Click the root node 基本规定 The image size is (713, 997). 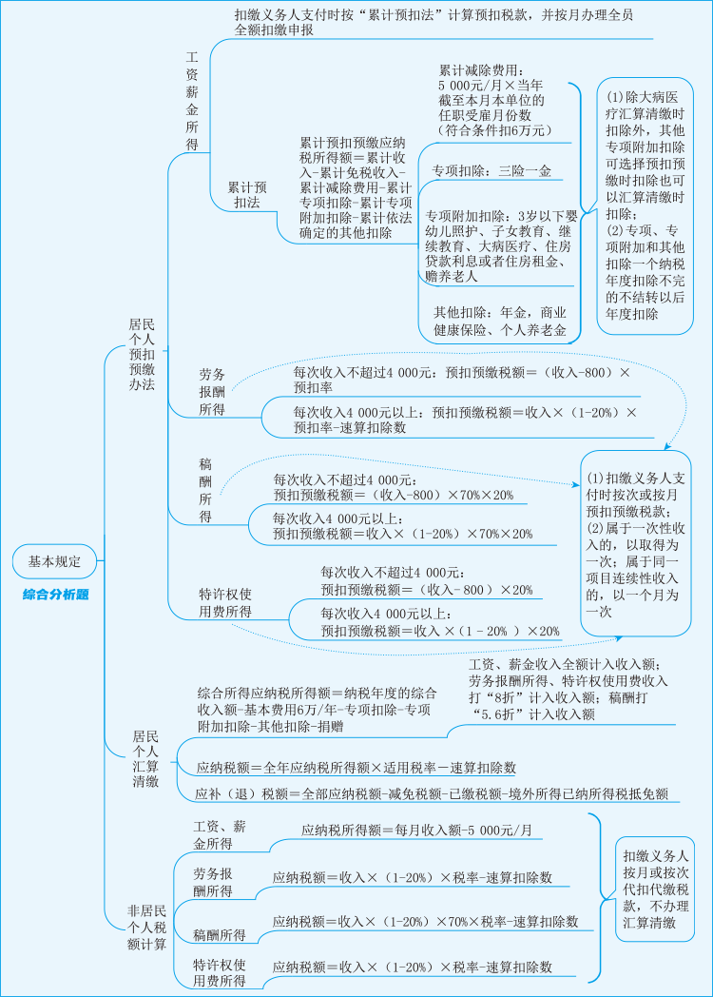click(55, 562)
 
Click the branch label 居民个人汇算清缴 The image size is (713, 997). click(145, 758)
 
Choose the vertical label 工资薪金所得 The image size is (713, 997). click(193, 101)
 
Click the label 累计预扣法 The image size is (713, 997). click(246, 195)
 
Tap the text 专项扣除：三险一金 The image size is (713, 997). click(491, 171)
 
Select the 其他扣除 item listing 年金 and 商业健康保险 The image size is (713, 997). click(500, 322)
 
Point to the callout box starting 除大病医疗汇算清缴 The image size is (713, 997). click(645, 205)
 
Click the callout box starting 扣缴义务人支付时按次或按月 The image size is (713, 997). click(637, 543)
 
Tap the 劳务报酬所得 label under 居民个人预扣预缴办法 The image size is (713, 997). click(212, 392)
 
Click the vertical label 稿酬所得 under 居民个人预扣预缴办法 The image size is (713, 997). click(205, 489)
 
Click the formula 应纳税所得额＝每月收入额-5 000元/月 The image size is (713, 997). click(417, 831)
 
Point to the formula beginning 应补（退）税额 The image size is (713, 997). click(432, 792)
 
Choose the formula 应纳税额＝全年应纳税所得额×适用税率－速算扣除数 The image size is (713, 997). click(356, 767)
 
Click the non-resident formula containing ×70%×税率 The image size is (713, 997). click(425, 921)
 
